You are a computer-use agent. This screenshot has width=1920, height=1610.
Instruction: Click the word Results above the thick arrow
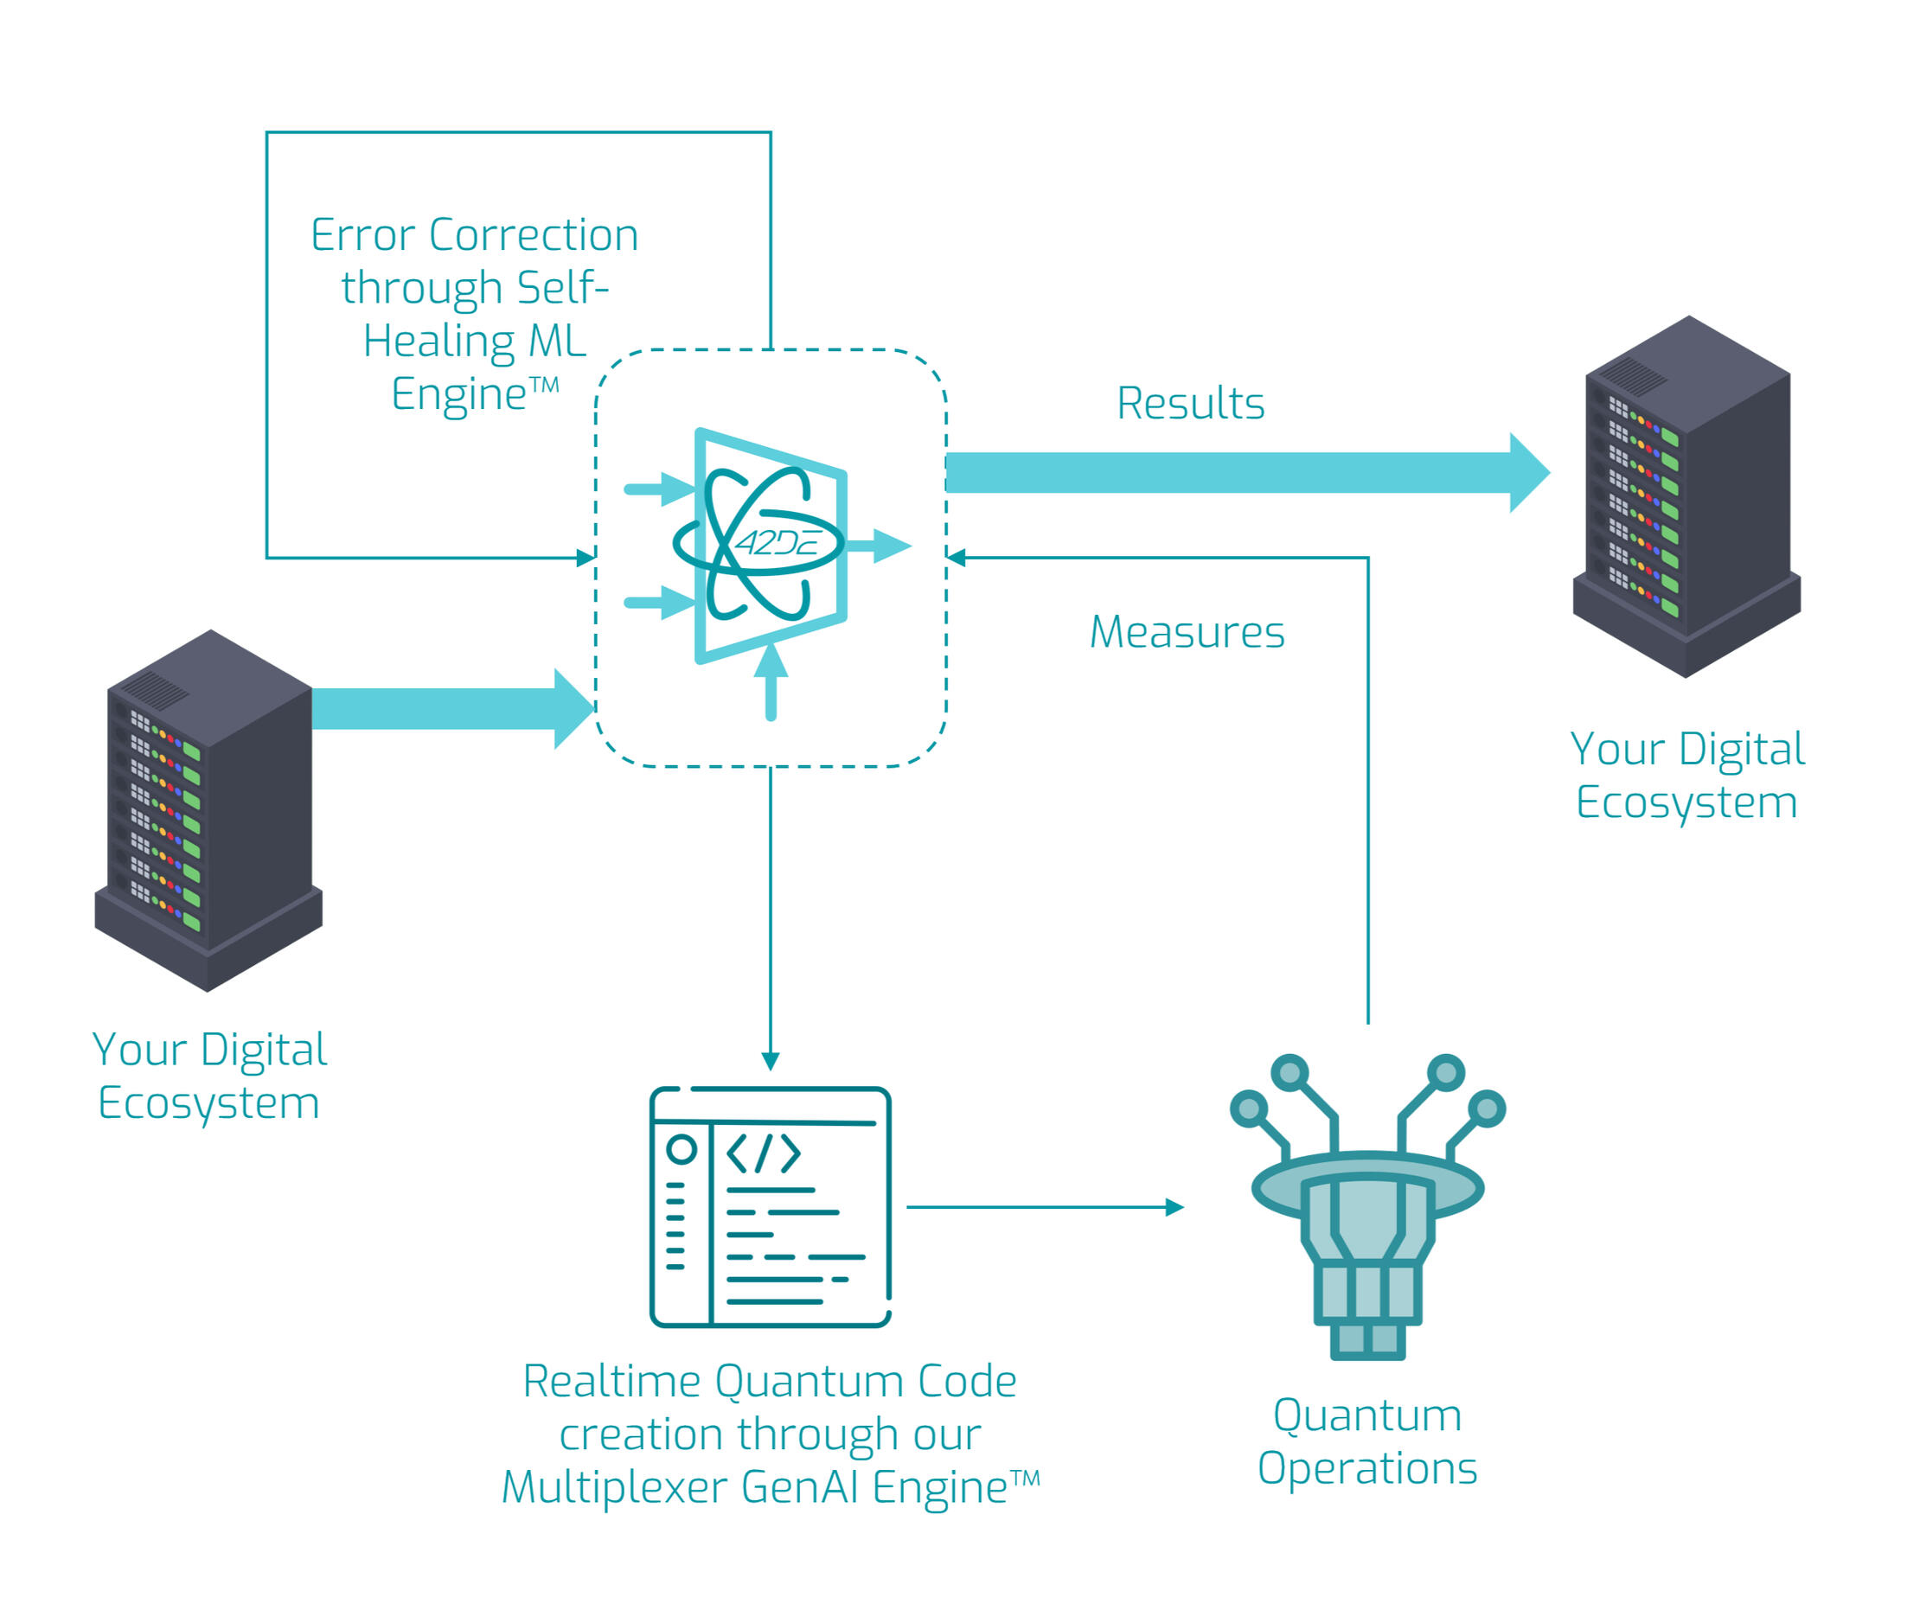1190,403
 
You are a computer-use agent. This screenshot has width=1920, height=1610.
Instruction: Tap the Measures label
1187,632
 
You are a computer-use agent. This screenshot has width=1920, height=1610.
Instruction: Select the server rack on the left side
208,810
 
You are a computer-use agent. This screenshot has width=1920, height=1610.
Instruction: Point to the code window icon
770,1207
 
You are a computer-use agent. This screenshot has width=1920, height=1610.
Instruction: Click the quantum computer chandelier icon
1366,1207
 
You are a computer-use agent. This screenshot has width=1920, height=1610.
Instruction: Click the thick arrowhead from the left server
573,708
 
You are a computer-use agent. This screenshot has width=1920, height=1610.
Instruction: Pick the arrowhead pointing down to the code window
771,1061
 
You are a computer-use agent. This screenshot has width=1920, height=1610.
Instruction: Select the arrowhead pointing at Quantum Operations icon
1174,1208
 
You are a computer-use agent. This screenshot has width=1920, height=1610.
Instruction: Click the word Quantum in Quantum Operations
1366,1415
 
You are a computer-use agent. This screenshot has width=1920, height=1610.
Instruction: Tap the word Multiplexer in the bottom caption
617,1486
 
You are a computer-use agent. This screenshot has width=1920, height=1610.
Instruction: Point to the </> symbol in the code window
764,1153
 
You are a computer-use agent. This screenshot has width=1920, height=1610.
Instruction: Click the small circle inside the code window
682,1149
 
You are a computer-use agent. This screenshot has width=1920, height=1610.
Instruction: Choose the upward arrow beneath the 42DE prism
771,680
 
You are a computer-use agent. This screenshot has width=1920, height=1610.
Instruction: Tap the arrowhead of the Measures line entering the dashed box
957,558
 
